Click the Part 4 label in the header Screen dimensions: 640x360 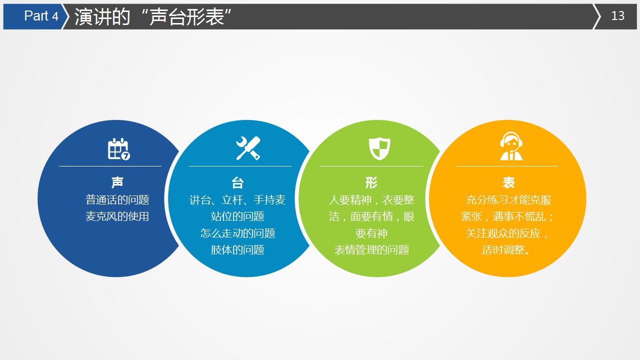click(x=41, y=16)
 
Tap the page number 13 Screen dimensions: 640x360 click(x=617, y=16)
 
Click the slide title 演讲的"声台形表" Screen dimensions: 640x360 click(x=152, y=16)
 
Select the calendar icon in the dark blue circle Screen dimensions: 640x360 click(x=118, y=149)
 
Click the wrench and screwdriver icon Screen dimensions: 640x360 click(x=248, y=148)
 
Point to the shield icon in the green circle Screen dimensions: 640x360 click(x=379, y=148)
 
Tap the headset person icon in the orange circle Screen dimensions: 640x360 click(x=511, y=146)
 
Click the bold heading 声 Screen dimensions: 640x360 click(x=117, y=182)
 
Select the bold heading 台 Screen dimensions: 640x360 click(x=237, y=182)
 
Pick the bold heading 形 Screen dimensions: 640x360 click(x=371, y=182)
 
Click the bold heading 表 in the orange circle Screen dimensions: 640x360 click(x=508, y=182)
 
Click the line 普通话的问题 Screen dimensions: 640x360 click(x=117, y=199)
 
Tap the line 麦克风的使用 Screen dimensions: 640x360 click(x=117, y=216)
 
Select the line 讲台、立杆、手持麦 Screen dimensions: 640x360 click(x=237, y=199)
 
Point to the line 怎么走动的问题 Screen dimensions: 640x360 click(x=237, y=233)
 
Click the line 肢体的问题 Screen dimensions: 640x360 click(x=237, y=249)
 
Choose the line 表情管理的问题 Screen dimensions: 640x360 click(x=371, y=249)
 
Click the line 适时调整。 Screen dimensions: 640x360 click(x=506, y=249)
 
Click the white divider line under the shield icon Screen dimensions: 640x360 click(x=371, y=166)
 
